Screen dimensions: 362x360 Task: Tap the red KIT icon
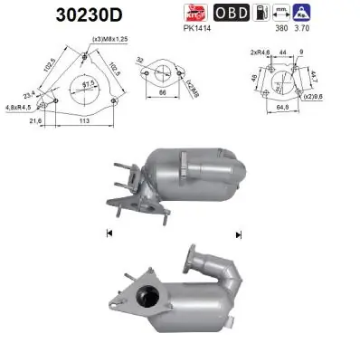196,14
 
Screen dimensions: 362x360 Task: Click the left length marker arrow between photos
108,233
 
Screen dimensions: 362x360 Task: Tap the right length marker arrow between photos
238,233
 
